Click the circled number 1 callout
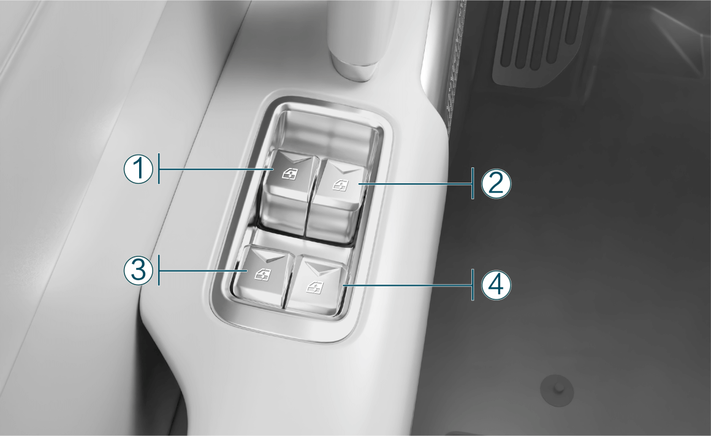click(x=139, y=169)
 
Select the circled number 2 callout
click(x=496, y=184)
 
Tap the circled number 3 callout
click(x=139, y=270)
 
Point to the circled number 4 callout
click(x=496, y=285)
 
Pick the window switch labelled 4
click(x=317, y=285)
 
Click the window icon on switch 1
click(x=288, y=172)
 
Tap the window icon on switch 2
click(x=340, y=185)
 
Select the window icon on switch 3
click(x=262, y=274)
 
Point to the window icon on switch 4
click(x=314, y=287)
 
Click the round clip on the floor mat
click(x=557, y=390)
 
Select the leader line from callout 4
click(x=408, y=285)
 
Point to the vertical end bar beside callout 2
click(x=473, y=183)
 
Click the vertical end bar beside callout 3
click(x=159, y=270)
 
